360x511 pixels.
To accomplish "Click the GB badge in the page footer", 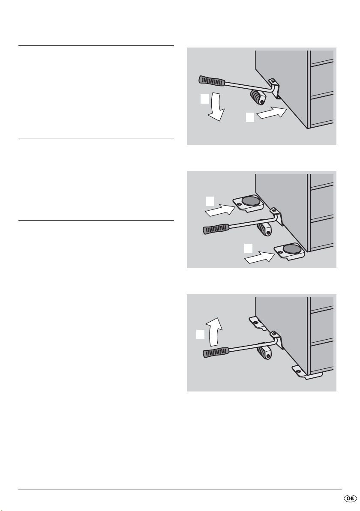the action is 350,499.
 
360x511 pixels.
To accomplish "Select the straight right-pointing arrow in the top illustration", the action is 272,114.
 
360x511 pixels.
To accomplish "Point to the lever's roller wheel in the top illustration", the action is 257,97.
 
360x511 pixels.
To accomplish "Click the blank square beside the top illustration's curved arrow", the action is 205,99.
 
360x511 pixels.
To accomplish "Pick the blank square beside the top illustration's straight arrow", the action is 250,117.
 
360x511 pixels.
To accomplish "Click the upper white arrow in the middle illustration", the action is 220,210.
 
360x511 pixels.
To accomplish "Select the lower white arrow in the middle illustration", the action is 259,257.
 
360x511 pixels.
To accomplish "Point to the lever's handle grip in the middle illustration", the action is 216,228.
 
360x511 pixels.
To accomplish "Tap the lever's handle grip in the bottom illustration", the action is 216,353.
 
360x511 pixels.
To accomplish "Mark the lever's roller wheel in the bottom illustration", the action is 264,353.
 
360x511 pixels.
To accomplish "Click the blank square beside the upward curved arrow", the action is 201,335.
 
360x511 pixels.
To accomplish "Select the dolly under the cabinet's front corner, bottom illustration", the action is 305,373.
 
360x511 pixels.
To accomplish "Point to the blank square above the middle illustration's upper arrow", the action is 210,201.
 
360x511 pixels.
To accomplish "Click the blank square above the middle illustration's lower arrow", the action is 249,248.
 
